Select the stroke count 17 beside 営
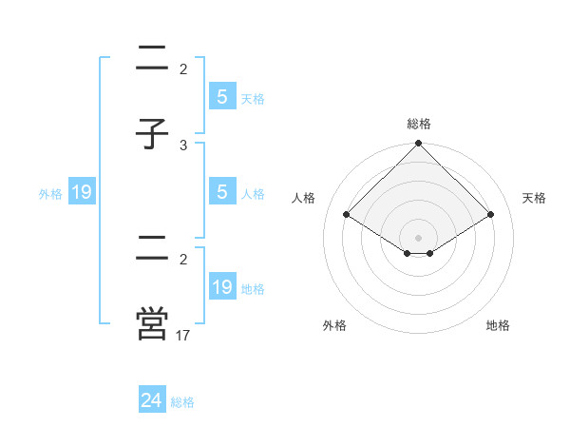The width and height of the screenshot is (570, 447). tap(183, 335)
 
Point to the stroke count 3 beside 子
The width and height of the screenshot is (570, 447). tap(183, 145)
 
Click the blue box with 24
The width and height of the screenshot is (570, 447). tap(152, 400)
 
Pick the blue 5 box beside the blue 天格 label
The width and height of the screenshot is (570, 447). tap(222, 97)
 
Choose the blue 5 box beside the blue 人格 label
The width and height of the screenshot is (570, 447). tap(222, 192)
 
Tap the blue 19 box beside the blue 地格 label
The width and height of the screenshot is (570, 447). tap(222, 287)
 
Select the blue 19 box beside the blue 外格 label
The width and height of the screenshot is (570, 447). tap(82, 193)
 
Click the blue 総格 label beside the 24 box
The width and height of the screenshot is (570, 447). tap(182, 402)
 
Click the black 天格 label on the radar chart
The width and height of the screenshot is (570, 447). tap(535, 198)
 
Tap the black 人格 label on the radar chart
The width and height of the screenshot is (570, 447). tap(305, 198)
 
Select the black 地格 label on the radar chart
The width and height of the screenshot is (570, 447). tap(498, 325)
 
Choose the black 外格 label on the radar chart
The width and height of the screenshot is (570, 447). tap(334, 325)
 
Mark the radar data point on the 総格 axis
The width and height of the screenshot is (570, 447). tap(418, 145)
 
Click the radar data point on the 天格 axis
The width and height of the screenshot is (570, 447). tap(491, 214)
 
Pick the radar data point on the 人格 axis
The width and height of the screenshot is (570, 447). tap(346, 214)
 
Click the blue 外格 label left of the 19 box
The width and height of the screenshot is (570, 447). tap(50, 194)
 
